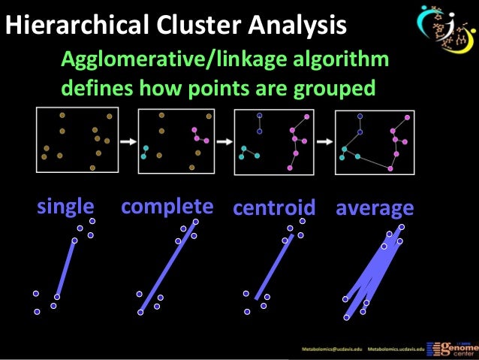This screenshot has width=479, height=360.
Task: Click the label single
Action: click(66, 207)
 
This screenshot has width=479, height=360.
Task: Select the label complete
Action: click(167, 207)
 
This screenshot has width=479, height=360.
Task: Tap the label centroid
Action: click(274, 208)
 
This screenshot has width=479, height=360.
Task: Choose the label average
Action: click(375, 208)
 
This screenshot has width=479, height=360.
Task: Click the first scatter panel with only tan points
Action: click(77, 140)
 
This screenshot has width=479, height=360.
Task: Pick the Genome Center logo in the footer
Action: click(453, 346)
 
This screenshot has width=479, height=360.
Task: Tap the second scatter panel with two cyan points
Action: click(176, 140)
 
